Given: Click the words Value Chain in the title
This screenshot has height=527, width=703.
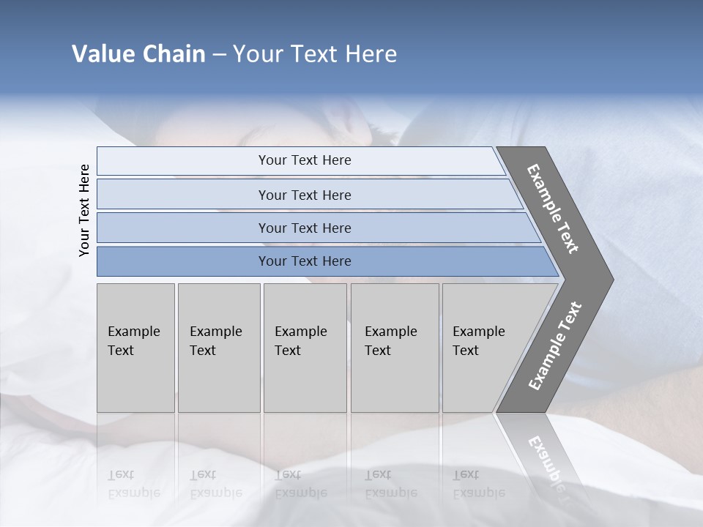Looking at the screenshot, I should tap(138, 55).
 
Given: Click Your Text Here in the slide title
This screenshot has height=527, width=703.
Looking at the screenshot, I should tap(315, 55).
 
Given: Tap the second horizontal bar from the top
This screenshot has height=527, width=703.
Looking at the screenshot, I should tap(305, 195).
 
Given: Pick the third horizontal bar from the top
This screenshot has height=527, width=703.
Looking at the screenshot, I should tap(305, 228).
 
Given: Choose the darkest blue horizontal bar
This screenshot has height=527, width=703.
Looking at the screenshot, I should tap(305, 261).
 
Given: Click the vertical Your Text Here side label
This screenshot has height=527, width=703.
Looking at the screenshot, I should tap(84, 210).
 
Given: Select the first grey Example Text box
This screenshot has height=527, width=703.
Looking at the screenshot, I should tap(135, 348).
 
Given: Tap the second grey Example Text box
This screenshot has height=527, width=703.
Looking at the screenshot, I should tap(218, 348).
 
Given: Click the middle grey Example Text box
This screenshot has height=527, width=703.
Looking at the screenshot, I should tap(305, 348).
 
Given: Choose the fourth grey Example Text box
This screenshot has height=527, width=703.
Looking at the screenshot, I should tap(394, 348).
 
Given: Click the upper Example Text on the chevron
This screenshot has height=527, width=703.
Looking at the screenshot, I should tap(553, 209).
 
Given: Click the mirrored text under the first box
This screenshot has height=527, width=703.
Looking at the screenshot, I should tap(133, 484).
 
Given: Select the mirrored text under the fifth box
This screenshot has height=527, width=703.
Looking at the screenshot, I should tap(478, 484).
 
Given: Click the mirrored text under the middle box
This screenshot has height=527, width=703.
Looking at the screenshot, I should tap(300, 484).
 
